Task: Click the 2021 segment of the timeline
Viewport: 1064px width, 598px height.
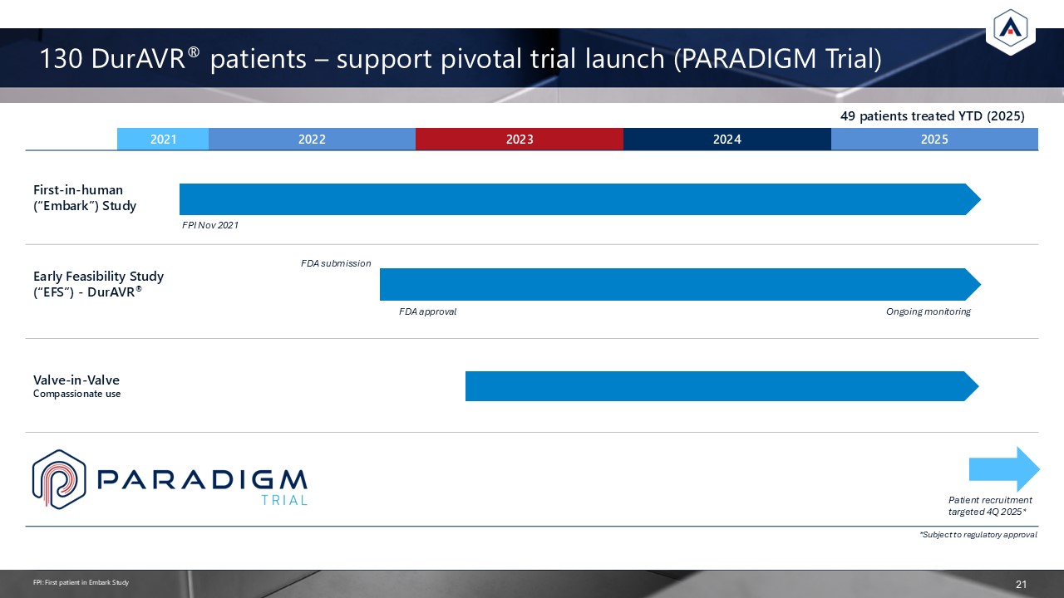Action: [x=163, y=139]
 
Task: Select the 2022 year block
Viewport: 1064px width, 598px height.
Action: [x=312, y=139]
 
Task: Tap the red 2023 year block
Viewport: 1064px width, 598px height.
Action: [x=520, y=139]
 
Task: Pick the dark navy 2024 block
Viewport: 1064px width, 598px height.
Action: [x=727, y=139]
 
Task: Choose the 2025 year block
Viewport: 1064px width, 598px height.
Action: [x=934, y=139]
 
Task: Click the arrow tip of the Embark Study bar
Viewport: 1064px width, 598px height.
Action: [x=980, y=199]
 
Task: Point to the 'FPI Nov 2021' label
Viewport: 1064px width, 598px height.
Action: [x=210, y=225]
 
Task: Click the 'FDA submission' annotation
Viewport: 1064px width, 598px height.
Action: [x=336, y=263]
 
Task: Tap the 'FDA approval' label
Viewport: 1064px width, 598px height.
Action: [x=427, y=311]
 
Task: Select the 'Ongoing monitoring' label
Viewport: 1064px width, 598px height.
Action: [x=929, y=311]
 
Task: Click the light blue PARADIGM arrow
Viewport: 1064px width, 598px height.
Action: [x=1004, y=469]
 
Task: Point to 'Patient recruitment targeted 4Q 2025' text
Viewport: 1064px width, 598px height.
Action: [x=990, y=506]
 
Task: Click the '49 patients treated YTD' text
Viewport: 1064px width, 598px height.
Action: [x=933, y=116]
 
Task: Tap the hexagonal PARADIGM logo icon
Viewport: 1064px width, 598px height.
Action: [x=59, y=479]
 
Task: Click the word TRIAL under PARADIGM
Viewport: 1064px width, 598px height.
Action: [x=284, y=500]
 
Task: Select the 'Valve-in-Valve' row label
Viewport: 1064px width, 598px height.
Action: [x=76, y=380]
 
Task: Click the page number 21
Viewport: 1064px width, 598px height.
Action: [x=1021, y=584]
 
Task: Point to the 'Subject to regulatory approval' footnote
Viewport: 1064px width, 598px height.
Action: [x=978, y=535]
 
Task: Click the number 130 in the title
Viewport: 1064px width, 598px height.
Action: [x=62, y=59]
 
